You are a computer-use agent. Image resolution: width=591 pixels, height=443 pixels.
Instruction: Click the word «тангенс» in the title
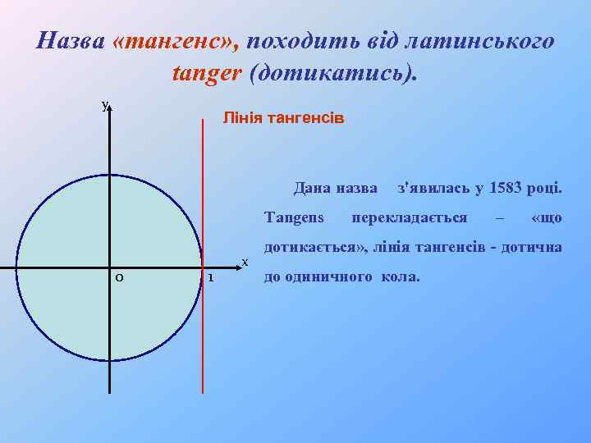point(176,40)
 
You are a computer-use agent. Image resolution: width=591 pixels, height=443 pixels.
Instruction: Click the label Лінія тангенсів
point(283,119)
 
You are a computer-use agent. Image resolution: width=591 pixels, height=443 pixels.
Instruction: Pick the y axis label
point(104,104)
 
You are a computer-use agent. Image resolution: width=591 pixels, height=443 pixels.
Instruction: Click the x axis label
point(244,263)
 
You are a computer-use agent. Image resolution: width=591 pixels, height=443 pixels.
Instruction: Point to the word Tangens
point(294,218)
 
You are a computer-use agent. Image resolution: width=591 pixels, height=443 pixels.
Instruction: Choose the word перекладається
point(410,218)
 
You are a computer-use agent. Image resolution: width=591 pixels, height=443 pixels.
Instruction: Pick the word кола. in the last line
point(401,277)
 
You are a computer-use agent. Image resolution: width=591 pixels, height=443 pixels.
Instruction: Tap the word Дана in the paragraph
point(311,189)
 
